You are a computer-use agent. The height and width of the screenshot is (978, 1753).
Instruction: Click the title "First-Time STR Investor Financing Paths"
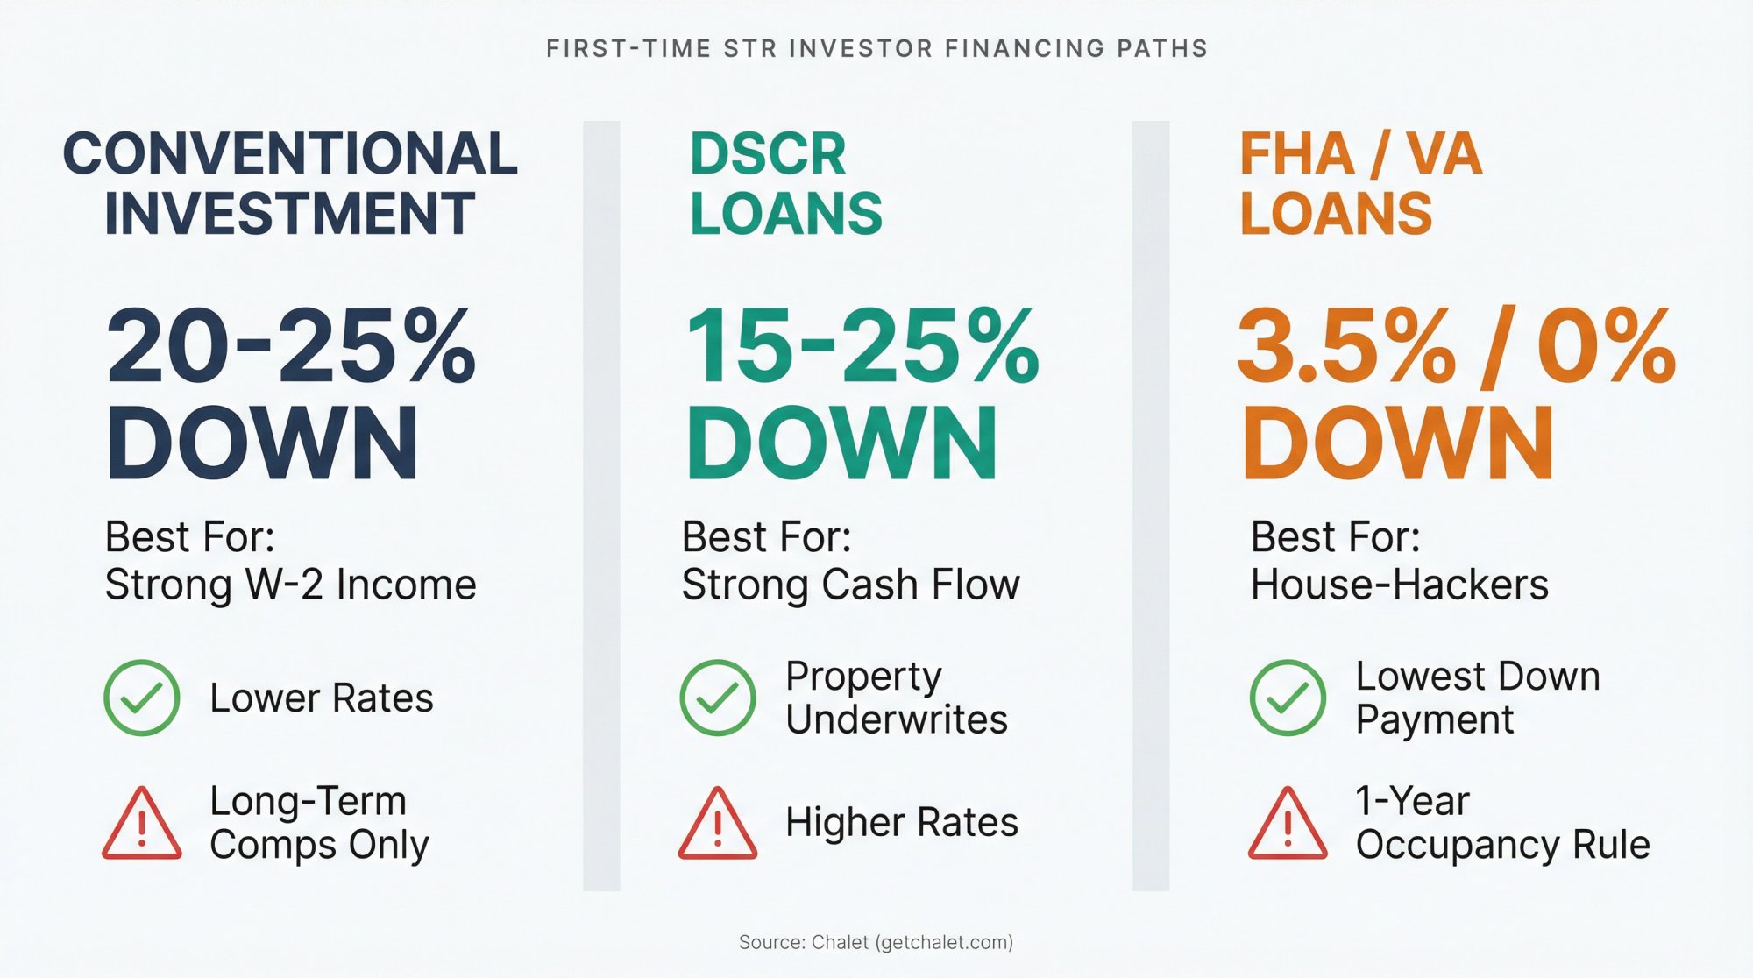(876, 48)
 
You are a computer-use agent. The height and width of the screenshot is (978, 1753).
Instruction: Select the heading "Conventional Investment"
(289, 183)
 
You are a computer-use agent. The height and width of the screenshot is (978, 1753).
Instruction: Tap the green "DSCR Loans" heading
(785, 183)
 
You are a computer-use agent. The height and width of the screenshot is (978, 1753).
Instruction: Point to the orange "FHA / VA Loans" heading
(1360, 183)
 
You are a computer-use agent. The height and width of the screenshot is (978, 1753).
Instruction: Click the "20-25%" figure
(291, 347)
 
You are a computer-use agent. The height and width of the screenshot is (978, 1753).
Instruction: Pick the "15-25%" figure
(862, 347)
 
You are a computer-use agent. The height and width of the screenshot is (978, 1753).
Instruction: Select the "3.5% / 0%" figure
(1457, 347)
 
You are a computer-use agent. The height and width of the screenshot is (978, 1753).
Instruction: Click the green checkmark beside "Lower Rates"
(142, 698)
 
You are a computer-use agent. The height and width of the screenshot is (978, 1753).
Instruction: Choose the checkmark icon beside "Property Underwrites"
(718, 698)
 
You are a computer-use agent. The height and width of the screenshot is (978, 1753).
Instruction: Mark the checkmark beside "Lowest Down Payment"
(1288, 698)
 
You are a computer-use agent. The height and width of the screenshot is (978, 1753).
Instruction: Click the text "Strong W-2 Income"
(290, 585)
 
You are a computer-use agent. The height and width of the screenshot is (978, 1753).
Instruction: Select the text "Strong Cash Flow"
(850, 585)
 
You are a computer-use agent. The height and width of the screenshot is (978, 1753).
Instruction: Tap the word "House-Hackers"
(1399, 585)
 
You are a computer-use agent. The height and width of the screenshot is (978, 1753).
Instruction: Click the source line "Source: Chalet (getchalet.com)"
(876, 942)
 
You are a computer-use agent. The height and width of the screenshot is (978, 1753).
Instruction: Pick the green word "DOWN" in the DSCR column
(841, 443)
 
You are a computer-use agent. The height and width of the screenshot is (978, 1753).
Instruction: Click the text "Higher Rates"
(902, 822)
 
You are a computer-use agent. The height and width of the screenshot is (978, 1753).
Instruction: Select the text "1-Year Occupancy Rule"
(1502, 823)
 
